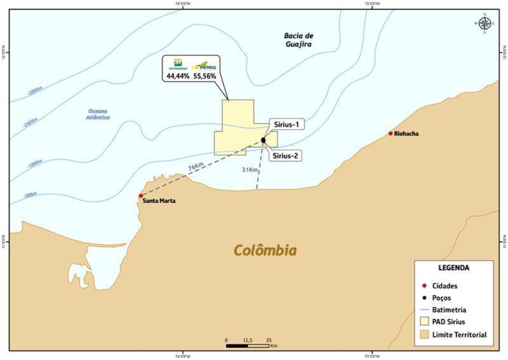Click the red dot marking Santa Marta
click(141, 196)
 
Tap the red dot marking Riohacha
click(391, 133)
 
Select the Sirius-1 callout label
click(285, 125)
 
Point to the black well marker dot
click(263, 140)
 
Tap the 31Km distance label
click(249, 169)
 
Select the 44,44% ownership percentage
click(176, 76)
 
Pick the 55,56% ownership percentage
click(205, 76)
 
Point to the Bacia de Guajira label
click(298, 40)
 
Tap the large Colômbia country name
click(265, 251)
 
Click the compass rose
click(484, 23)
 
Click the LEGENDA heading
click(453, 268)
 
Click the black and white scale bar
click(248, 345)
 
